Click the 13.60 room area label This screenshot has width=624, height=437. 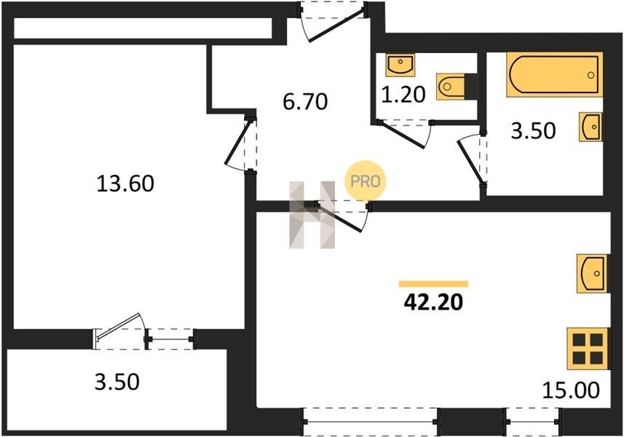pyautogui.click(x=125, y=184)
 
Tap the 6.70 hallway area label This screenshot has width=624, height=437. pyautogui.click(x=305, y=101)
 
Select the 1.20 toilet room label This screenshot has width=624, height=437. pyautogui.click(x=403, y=95)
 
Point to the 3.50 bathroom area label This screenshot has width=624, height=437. pyautogui.click(x=533, y=130)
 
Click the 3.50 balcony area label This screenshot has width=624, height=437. pyautogui.click(x=117, y=382)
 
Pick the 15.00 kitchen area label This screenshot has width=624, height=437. pyautogui.click(x=571, y=390)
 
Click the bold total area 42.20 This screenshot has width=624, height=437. pyautogui.click(x=433, y=302)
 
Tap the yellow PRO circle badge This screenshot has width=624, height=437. pyautogui.click(x=366, y=181)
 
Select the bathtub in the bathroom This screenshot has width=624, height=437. pyautogui.click(x=554, y=75)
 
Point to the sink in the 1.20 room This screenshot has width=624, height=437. pyautogui.click(x=400, y=65)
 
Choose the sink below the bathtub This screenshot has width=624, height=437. pyautogui.click(x=591, y=127)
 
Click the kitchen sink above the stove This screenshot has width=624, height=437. pyautogui.click(x=592, y=273)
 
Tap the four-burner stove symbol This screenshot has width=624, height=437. pyautogui.click(x=588, y=349)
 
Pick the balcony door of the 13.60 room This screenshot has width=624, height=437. pyautogui.click(x=119, y=333)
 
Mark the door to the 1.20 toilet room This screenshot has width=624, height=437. pyautogui.click(x=403, y=133)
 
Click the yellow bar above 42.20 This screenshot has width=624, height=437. pyautogui.click(x=433, y=284)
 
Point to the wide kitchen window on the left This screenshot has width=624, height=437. pyautogui.click(x=371, y=422)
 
